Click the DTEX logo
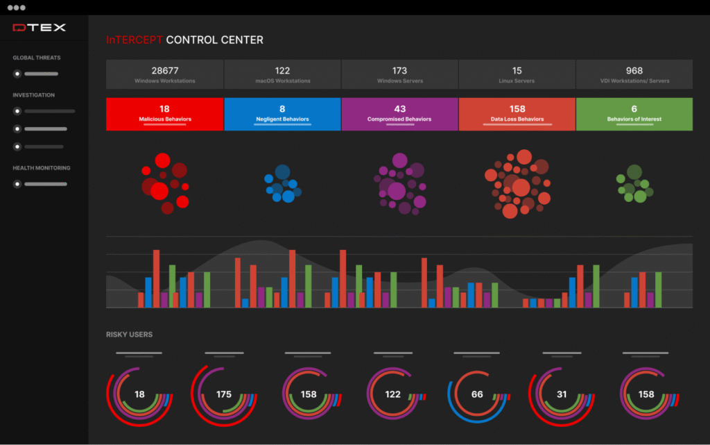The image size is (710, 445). point(39,28)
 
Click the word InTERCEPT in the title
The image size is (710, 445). point(135,40)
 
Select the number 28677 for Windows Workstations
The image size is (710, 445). point(165,70)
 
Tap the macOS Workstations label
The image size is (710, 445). point(282,81)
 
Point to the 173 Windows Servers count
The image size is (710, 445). point(399,70)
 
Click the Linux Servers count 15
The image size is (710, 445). point(517,70)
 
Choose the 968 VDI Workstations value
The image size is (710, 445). point(634,70)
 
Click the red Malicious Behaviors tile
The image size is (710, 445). point(165,114)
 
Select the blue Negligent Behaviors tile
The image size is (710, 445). point(282,114)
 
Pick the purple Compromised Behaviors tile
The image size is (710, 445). point(399,114)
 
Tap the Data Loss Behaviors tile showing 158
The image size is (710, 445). point(517,114)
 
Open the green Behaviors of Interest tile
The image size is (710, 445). point(634,114)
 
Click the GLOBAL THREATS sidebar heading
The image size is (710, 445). point(37,58)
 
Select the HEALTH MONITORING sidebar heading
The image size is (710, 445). point(42,168)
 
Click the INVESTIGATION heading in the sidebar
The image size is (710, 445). point(33,95)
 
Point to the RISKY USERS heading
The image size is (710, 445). point(129,335)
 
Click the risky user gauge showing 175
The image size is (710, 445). point(223,394)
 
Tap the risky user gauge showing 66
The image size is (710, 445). point(477,394)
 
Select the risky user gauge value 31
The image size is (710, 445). point(562,394)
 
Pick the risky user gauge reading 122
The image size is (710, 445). point(392,394)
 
